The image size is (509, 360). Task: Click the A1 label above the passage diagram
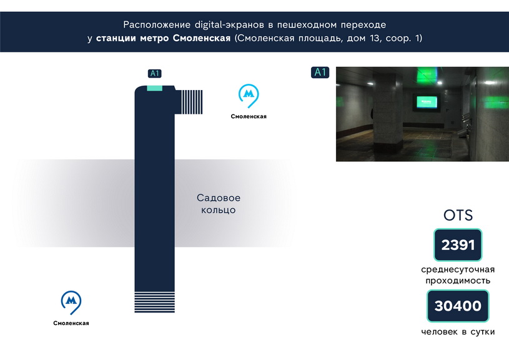point(154,73)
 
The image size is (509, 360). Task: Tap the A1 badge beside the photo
point(320,72)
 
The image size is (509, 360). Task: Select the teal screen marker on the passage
point(154,88)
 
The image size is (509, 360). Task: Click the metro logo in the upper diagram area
point(249,96)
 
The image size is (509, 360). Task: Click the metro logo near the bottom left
point(71,302)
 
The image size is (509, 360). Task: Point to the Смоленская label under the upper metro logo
point(249,116)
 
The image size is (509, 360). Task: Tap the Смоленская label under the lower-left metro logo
point(71,323)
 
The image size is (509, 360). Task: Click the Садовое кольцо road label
point(219,204)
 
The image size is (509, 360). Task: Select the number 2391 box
point(458,244)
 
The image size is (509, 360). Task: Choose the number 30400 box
point(458,306)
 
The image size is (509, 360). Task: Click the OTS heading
point(458,215)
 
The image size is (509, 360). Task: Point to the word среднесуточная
point(458,269)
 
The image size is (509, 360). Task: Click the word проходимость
point(458,281)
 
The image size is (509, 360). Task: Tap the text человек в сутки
point(458,332)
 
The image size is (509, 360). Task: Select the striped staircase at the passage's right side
point(192,102)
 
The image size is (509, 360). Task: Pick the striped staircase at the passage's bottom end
point(154,302)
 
